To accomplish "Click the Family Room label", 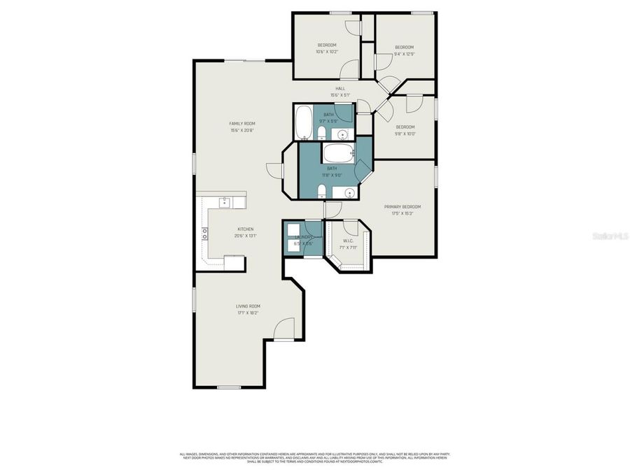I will [241, 124].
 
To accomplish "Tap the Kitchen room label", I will [245, 229].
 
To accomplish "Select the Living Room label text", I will [248, 306].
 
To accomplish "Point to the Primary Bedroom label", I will [402, 206].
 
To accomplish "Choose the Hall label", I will [340, 89].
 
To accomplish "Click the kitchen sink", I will [225, 202].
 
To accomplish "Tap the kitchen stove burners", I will [206, 236].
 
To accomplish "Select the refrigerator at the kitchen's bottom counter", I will [234, 262].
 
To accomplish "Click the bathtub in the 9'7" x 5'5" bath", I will [304, 123].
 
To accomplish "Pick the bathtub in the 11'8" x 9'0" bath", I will [337, 152].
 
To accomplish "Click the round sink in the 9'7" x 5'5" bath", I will [343, 134].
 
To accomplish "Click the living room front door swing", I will [283, 329].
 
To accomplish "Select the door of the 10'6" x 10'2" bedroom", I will [350, 69].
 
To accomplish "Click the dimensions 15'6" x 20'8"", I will [241, 131].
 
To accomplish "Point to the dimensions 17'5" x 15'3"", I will [402, 213].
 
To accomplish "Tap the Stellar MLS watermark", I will [610, 236].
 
